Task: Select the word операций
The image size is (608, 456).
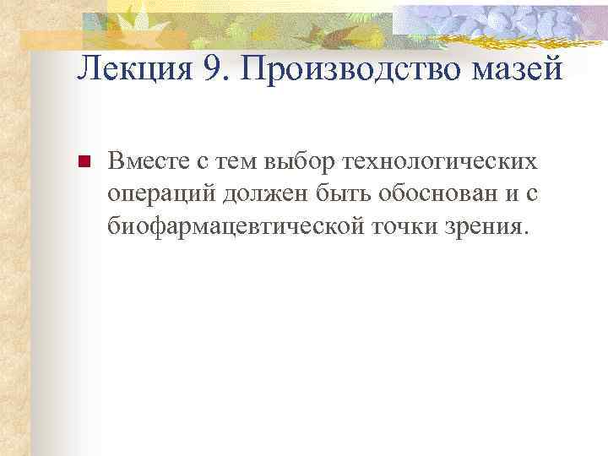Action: tap(162, 193)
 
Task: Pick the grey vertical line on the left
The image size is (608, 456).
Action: tap(32, 253)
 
